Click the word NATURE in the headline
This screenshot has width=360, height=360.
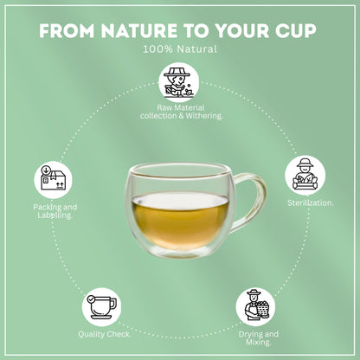pos(139,30)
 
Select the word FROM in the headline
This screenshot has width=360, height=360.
pos(67,30)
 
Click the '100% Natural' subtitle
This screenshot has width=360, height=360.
pos(180,49)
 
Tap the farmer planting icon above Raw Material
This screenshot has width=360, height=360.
pos(179,83)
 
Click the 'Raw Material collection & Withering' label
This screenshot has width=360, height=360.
pos(182,112)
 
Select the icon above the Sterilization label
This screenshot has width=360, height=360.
pos(305,176)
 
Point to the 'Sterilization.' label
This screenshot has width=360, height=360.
pos(311,202)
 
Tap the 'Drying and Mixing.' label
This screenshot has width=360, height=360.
pos(259,338)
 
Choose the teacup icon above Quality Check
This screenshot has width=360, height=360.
pos(101,307)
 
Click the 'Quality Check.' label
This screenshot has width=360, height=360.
pos(105,334)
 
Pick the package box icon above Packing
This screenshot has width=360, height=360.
pos(54,180)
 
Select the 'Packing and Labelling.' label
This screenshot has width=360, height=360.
pos(55,211)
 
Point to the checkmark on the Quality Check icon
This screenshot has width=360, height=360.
pos(91,299)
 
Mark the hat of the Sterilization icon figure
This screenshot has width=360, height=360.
pos(305,163)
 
